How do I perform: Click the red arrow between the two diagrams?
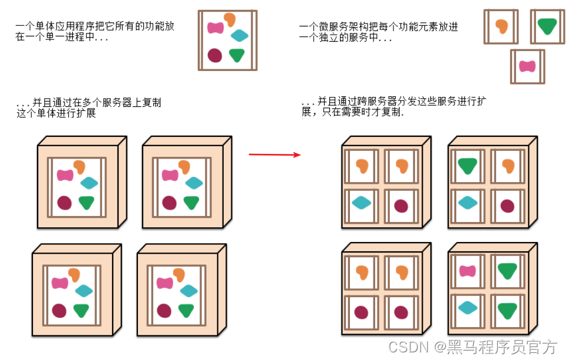pyautogui.click(x=275, y=154)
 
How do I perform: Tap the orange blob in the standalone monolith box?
pyautogui.click(x=229, y=20)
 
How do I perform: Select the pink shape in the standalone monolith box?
pyautogui.click(x=215, y=27)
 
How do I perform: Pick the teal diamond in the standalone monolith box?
pyautogui.click(x=240, y=35)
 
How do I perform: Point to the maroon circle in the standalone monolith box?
pyautogui.click(x=215, y=55)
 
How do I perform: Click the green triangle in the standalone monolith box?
pyautogui.click(x=237, y=55)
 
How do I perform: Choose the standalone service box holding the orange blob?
pyautogui.click(x=501, y=26)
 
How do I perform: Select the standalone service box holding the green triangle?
pyautogui.click(x=547, y=26)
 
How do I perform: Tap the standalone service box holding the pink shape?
pyautogui.click(x=527, y=66)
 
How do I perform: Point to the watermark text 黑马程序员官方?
pyautogui.click(x=502, y=346)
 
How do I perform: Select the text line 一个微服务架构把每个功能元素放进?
pyautogui.click(x=379, y=26)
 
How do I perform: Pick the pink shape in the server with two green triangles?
pyautogui.click(x=467, y=271)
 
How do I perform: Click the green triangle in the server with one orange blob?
pyautogui.click(x=467, y=166)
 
